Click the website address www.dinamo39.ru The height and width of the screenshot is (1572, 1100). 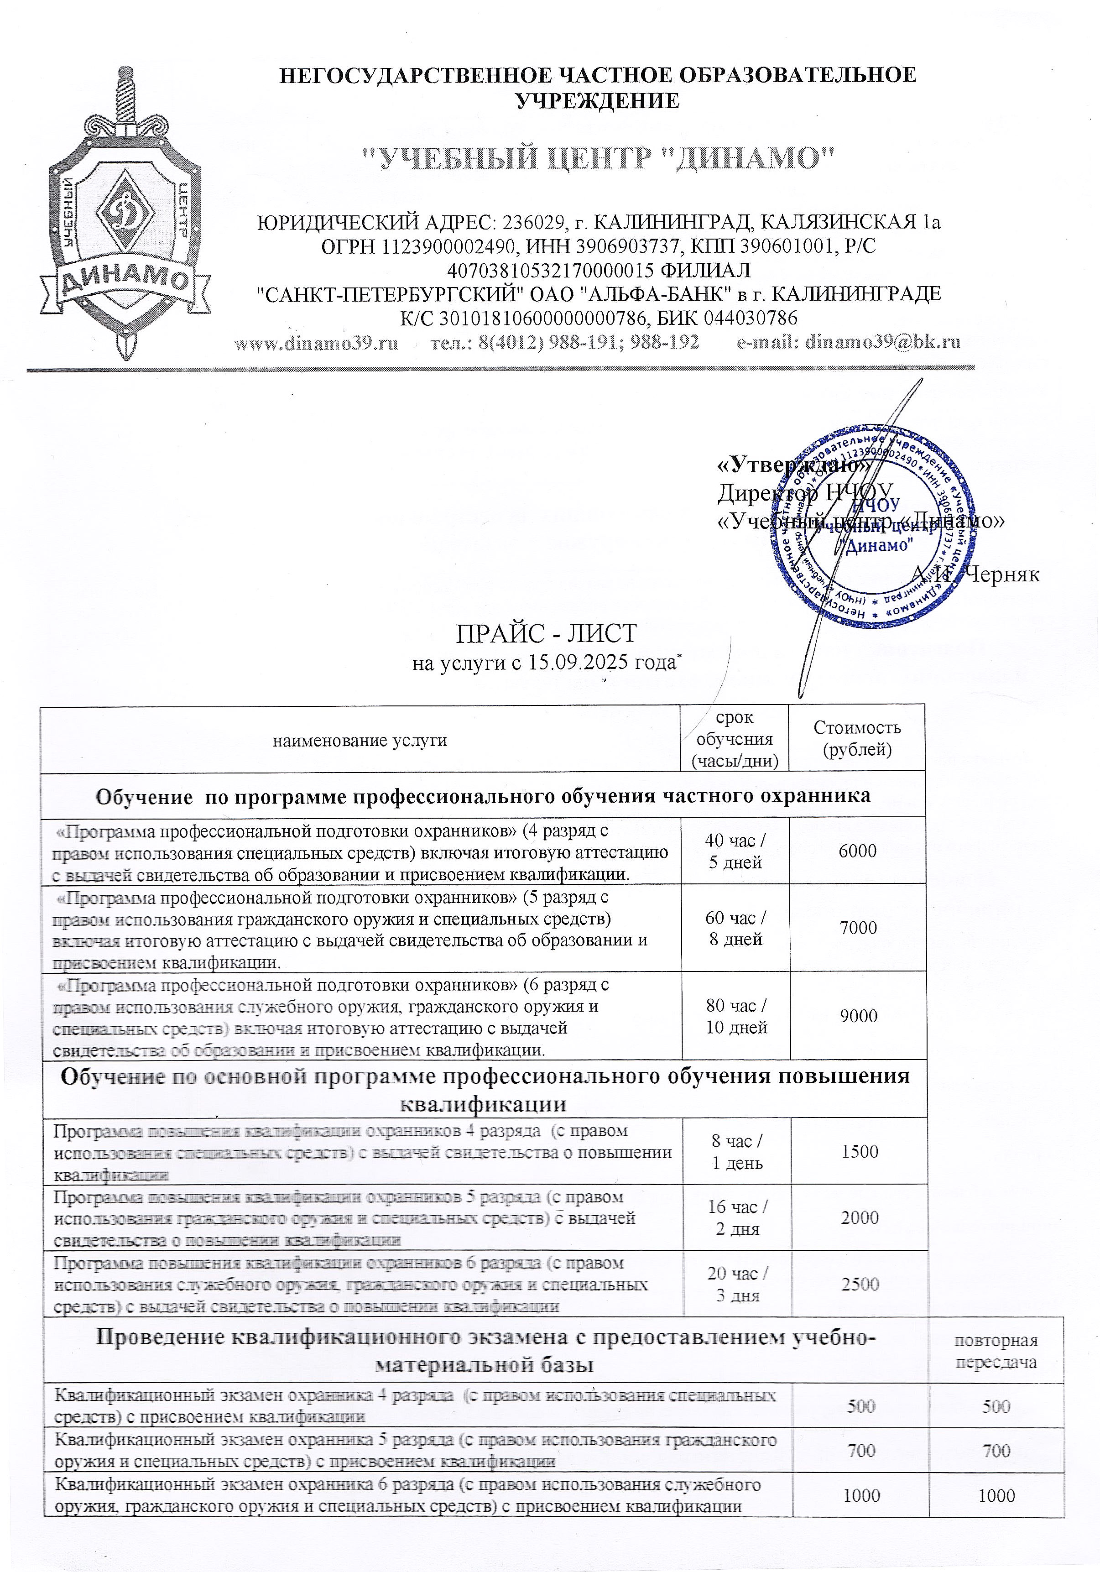click(x=316, y=342)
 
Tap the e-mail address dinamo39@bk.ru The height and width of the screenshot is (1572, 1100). click(x=848, y=342)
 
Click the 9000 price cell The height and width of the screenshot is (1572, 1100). click(x=858, y=1015)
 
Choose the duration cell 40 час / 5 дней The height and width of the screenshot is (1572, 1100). click(x=735, y=851)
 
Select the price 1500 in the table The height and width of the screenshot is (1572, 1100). click(x=859, y=1151)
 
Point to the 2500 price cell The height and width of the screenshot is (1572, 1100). click(x=859, y=1284)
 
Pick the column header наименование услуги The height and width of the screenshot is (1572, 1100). click(x=360, y=739)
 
